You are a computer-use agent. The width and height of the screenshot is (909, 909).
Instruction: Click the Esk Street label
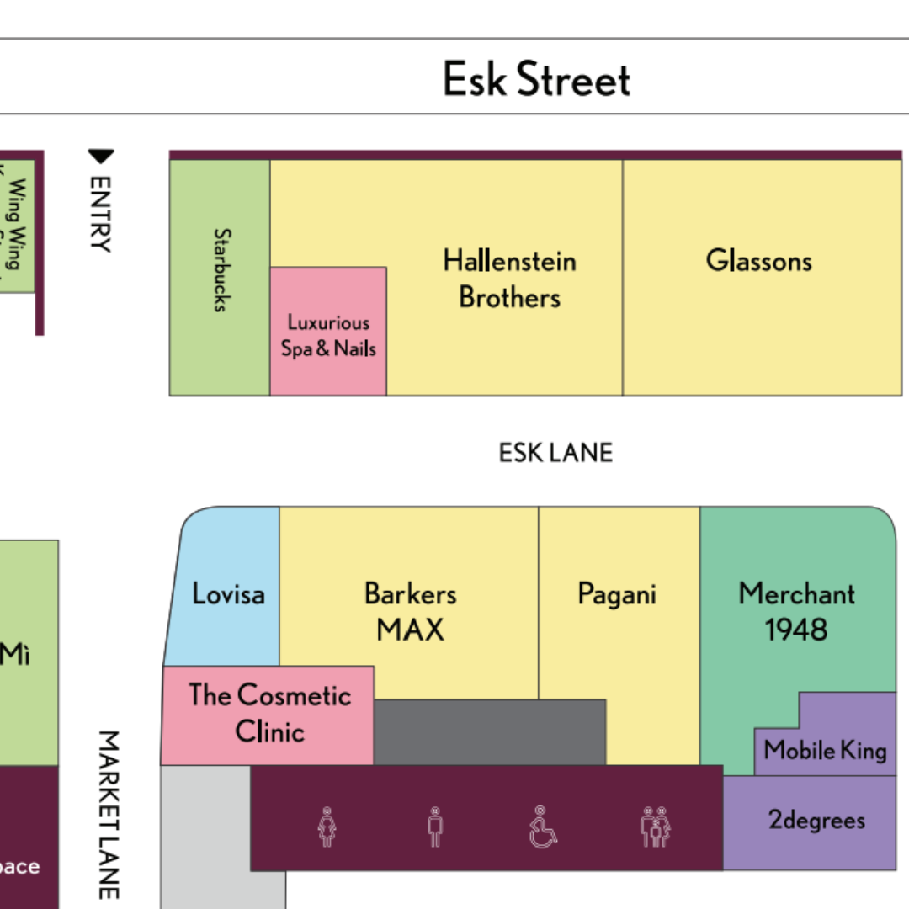click(536, 79)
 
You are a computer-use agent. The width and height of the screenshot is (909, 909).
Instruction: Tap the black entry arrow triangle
click(101, 157)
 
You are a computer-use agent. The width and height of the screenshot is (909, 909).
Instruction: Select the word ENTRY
click(100, 214)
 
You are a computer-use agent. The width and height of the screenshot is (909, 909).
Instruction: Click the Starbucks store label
click(221, 270)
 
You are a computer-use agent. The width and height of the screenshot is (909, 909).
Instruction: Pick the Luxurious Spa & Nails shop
click(328, 335)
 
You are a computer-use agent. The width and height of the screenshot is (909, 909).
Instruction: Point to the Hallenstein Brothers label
click(509, 279)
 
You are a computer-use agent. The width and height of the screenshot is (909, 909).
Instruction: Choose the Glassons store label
click(758, 261)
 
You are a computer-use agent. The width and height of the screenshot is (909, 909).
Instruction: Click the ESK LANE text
click(555, 453)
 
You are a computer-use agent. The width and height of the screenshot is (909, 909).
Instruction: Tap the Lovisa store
click(228, 594)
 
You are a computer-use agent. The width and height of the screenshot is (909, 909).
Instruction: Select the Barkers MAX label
click(410, 611)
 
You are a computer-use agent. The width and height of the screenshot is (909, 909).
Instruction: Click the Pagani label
click(617, 594)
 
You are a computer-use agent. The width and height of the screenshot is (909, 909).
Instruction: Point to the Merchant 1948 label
click(796, 611)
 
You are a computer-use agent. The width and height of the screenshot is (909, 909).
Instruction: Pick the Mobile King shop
click(825, 750)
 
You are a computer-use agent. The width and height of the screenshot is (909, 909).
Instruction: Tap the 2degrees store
click(816, 820)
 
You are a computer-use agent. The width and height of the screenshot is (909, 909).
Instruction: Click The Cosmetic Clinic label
click(269, 712)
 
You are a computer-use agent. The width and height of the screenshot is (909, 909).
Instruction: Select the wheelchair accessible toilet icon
click(543, 827)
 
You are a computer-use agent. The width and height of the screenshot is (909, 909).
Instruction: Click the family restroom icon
click(655, 827)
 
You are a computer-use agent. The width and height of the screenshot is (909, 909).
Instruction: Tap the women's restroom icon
click(327, 827)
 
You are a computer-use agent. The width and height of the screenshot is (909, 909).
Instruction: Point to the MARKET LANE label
click(108, 814)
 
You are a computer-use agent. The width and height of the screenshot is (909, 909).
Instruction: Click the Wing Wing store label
click(15, 224)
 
